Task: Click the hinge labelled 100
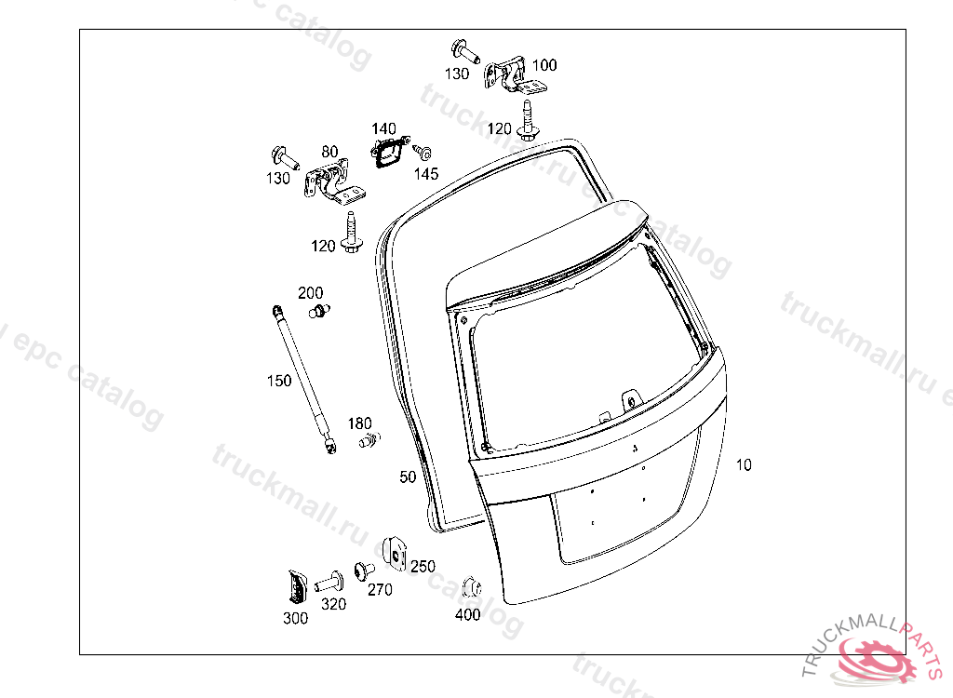click(514, 75)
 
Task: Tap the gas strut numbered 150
click(304, 380)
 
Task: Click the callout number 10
click(744, 465)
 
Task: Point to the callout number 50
click(408, 477)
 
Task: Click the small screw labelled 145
click(423, 151)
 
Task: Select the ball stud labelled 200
click(318, 311)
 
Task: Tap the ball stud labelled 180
click(369, 439)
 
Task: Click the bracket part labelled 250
click(395, 554)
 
